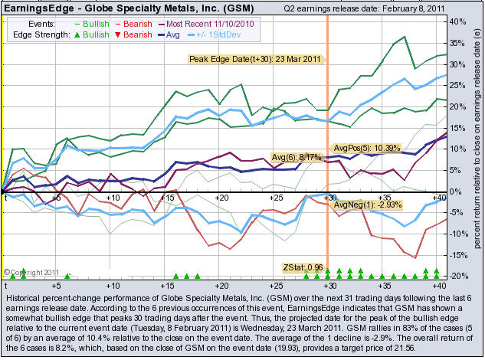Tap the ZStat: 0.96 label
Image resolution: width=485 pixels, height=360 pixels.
tap(303, 267)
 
